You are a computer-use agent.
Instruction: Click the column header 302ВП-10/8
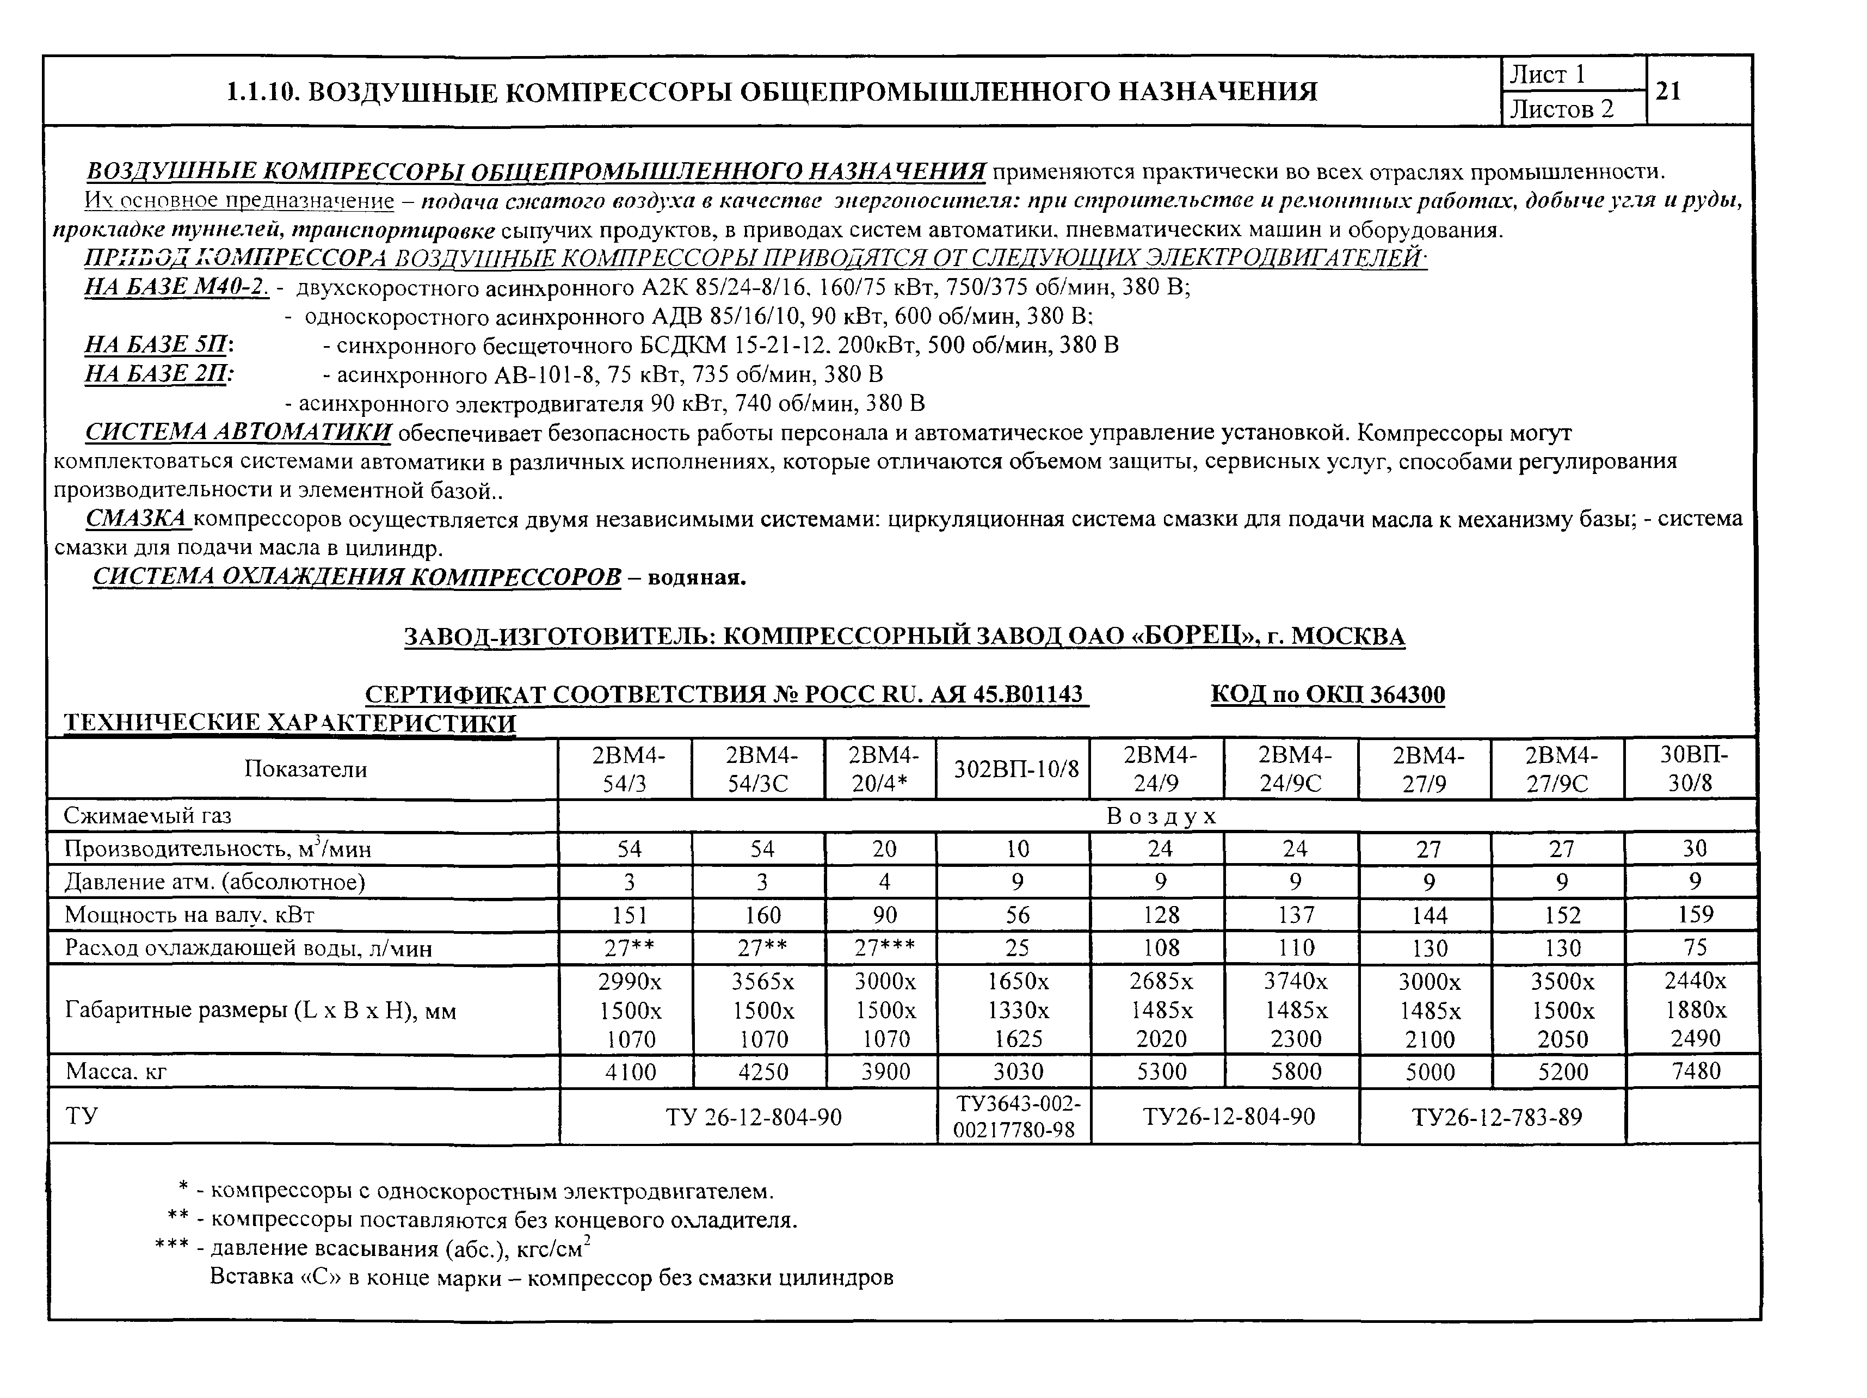coord(1016,768)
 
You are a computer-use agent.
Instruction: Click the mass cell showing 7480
coord(1695,1071)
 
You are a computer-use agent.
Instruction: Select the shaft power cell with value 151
coord(629,915)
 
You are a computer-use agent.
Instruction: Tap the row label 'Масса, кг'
coord(115,1072)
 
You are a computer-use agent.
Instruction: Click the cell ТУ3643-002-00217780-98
coord(1016,1116)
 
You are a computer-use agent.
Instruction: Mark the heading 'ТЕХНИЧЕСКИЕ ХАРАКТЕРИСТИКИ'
coord(289,723)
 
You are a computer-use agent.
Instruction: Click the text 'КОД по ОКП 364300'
coord(1328,695)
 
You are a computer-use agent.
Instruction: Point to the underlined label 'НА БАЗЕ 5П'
coord(157,345)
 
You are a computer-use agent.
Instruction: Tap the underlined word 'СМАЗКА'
coord(137,518)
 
